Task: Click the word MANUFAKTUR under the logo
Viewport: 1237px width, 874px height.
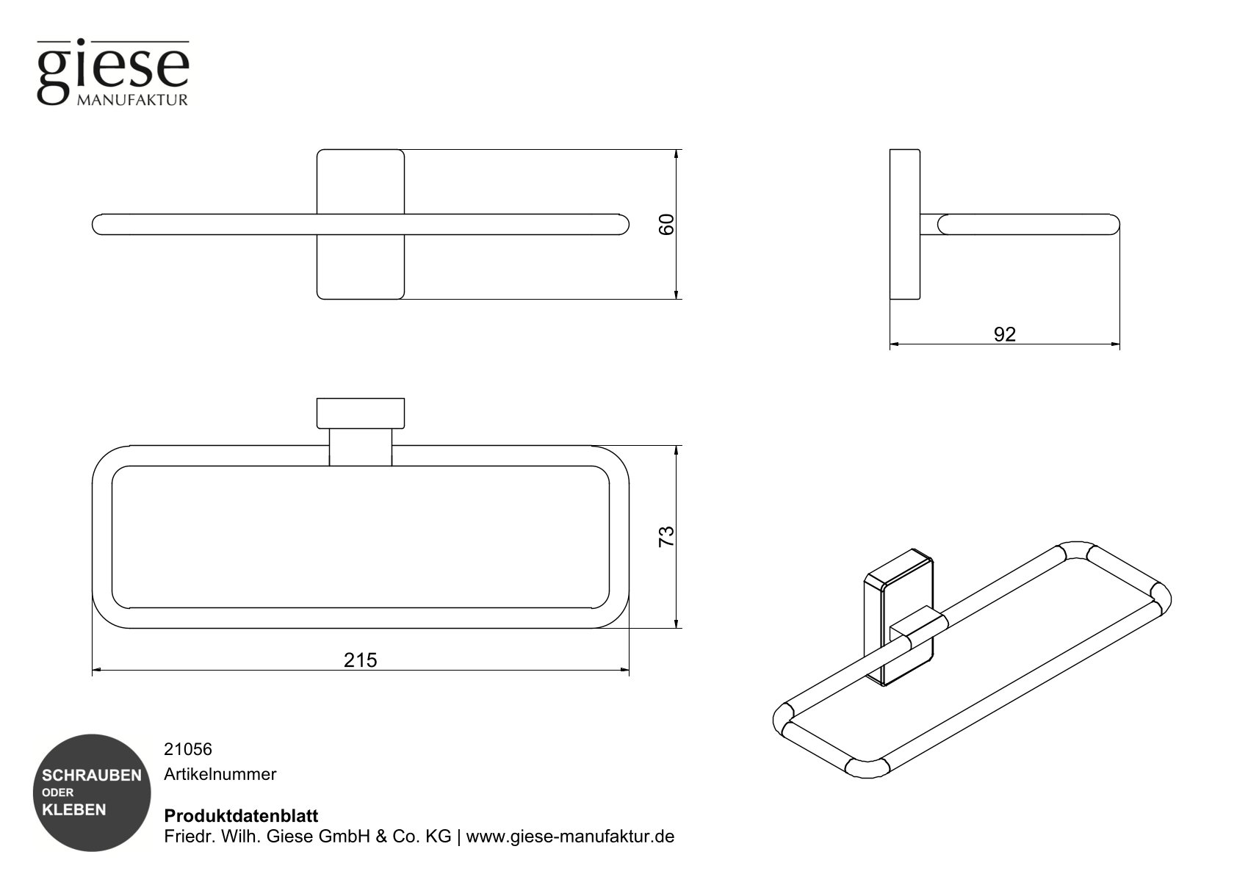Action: pos(132,100)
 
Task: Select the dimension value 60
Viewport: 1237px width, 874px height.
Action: pos(666,225)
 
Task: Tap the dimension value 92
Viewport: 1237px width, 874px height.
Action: pos(1004,334)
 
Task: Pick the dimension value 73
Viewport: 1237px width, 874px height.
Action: pos(666,536)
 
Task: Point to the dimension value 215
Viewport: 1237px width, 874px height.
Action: pos(360,660)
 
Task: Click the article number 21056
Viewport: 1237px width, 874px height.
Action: pos(187,749)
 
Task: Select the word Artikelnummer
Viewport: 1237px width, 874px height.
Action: pos(220,774)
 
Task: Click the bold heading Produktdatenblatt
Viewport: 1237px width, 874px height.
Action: pos(241,816)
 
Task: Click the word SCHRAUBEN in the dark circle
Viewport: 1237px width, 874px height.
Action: pos(92,776)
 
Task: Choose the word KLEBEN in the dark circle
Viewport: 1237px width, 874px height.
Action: pos(74,810)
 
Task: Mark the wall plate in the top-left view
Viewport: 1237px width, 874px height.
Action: pos(360,184)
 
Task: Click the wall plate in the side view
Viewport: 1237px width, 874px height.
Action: pos(904,225)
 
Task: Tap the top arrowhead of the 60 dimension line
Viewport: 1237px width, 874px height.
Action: pos(676,154)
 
